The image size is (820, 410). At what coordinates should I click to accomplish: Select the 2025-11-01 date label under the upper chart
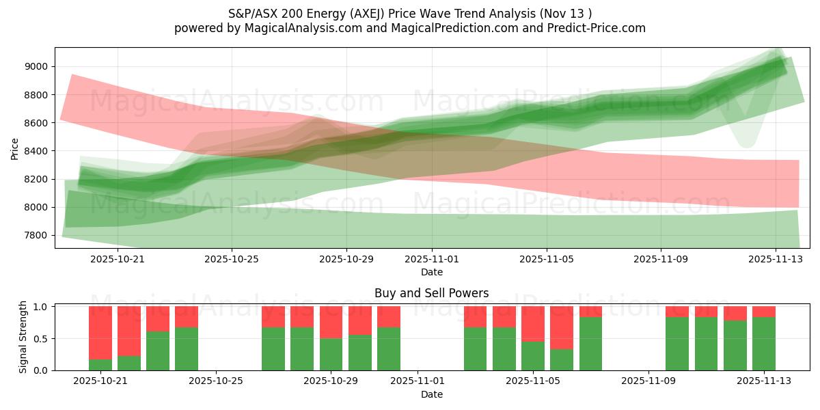pos(432,260)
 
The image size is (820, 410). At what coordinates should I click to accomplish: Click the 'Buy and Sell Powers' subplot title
pos(431,293)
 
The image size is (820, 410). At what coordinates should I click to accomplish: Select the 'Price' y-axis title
pos(15,148)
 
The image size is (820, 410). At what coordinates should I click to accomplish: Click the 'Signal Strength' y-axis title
pos(23,337)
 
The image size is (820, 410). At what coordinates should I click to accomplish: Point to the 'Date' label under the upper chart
pos(431,272)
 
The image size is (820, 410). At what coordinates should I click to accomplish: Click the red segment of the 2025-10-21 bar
pos(100,332)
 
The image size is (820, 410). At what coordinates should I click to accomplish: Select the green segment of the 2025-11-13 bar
pos(763,344)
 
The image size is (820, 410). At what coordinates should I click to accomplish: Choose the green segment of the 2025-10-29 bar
pos(331,354)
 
